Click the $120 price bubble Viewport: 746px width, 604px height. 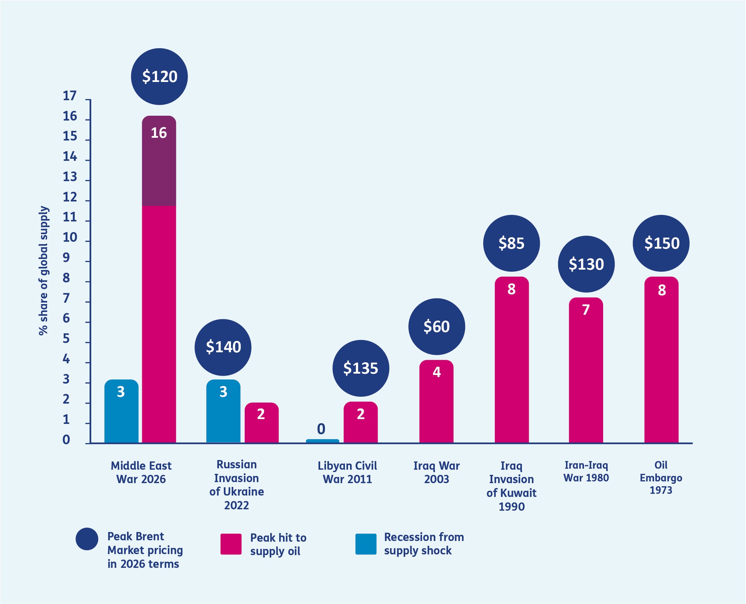(x=159, y=76)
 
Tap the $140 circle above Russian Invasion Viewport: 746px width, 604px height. (x=223, y=347)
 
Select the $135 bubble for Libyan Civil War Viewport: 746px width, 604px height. (x=361, y=368)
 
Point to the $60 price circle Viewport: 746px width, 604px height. (x=437, y=326)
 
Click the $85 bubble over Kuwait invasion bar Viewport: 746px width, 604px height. (x=511, y=243)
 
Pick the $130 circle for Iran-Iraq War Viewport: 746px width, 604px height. (x=586, y=264)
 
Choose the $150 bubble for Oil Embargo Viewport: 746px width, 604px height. (x=661, y=243)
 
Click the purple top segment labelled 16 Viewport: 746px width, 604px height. (x=159, y=161)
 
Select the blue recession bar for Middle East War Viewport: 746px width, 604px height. (x=122, y=411)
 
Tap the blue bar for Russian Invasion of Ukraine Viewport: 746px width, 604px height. (x=223, y=411)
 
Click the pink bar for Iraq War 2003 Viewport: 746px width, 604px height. (x=436, y=402)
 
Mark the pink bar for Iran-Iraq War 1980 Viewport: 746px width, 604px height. (x=586, y=370)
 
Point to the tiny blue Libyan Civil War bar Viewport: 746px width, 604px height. (x=323, y=441)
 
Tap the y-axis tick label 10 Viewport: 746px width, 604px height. (x=70, y=237)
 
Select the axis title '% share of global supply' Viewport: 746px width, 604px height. (x=43, y=271)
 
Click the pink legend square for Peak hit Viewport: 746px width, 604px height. (x=231, y=544)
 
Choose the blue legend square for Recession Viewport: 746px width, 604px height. (x=366, y=544)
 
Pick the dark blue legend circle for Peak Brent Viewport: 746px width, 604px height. (x=87, y=539)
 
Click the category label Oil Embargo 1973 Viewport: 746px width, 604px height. (x=661, y=478)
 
